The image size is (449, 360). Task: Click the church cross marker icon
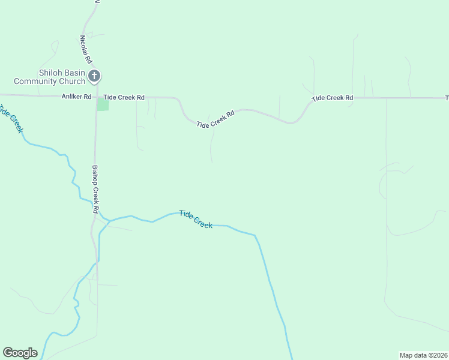[x=94, y=76]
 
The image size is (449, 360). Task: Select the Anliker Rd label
[x=76, y=97]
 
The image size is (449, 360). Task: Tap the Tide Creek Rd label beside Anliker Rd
[x=124, y=97]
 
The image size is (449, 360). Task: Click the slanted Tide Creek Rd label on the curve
[x=214, y=118]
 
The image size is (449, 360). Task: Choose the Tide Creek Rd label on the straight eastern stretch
[x=332, y=98]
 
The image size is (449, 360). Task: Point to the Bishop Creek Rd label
[x=94, y=190]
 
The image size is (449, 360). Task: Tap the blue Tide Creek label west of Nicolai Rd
[x=11, y=119]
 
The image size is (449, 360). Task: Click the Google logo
[x=20, y=353]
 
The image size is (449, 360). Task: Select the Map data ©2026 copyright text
[x=423, y=355]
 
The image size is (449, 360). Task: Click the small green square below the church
[x=103, y=104]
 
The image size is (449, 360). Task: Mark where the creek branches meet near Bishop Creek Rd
[x=109, y=220]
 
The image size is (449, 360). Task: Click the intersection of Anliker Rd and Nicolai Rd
[x=97, y=96]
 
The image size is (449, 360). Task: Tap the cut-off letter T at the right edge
[x=447, y=98]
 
